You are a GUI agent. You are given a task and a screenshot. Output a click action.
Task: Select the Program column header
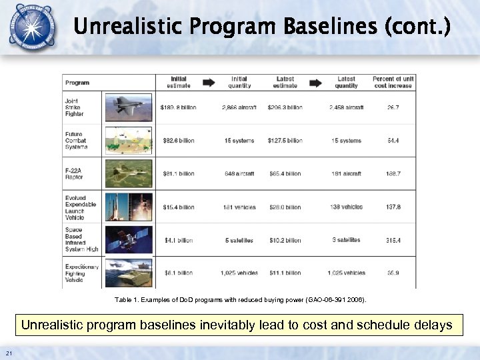(x=77, y=83)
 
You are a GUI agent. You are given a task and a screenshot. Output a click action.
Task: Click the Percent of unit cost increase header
(x=393, y=82)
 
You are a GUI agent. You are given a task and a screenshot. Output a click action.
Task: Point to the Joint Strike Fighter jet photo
(x=128, y=107)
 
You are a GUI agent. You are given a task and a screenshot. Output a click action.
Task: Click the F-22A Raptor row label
(x=75, y=173)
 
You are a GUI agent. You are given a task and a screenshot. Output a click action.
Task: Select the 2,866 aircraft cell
(x=237, y=107)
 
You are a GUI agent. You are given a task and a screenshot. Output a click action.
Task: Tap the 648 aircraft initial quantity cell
(x=238, y=173)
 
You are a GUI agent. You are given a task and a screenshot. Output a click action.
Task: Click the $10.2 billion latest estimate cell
(x=285, y=240)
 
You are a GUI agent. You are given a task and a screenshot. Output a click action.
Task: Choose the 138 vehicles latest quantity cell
(x=347, y=207)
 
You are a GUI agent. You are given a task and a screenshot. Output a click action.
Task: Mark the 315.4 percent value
(x=393, y=240)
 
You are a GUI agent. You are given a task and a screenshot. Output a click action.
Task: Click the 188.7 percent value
(x=393, y=173)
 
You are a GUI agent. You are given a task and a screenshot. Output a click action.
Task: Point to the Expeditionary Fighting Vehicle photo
(x=128, y=272)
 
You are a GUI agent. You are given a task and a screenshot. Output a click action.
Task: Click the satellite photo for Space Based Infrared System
(x=128, y=240)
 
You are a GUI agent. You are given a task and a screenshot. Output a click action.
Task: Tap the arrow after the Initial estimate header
(x=209, y=83)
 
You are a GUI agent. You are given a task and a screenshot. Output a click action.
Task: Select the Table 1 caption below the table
(x=241, y=301)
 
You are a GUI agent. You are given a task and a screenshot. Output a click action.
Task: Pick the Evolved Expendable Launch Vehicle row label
(x=81, y=207)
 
